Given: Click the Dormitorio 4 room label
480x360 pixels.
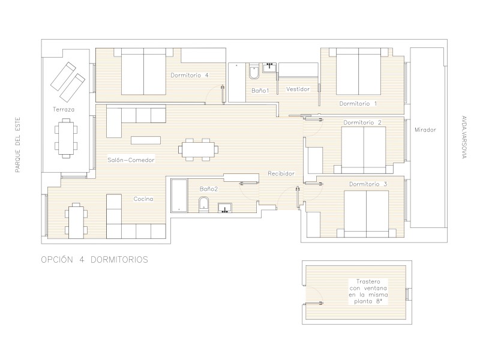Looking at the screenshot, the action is coord(190,75).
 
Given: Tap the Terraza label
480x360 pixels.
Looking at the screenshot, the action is coord(64,109).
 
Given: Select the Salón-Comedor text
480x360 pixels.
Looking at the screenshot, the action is coord(131,160).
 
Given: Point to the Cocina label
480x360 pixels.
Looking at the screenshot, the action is coord(143,199).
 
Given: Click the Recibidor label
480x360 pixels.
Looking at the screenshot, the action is coord(281,173).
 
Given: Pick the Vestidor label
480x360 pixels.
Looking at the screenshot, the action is coord(298,89).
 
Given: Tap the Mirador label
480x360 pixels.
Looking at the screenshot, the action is coord(425,130).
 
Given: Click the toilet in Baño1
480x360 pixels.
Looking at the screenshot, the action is coord(254,71).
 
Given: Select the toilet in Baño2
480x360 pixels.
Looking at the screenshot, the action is coord(203,205).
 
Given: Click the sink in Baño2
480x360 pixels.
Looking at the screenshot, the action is coord(224,208).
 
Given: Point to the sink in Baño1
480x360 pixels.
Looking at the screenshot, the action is coord(269,68).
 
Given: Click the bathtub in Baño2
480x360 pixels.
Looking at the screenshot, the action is coord(179,196).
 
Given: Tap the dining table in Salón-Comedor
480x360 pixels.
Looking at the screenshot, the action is coord(199,149).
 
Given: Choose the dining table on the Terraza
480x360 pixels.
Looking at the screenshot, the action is coord(66,138).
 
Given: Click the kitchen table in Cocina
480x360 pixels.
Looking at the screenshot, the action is coord(76,221).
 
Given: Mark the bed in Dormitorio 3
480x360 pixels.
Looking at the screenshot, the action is coord(366,214).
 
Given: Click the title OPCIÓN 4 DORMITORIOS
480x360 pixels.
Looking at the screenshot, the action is coord(95,260).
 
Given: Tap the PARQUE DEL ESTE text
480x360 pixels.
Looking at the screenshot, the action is coord(18,145).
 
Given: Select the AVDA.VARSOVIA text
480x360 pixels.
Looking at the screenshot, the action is coord(464,137).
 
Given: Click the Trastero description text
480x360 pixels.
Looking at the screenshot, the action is coord(368,292).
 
